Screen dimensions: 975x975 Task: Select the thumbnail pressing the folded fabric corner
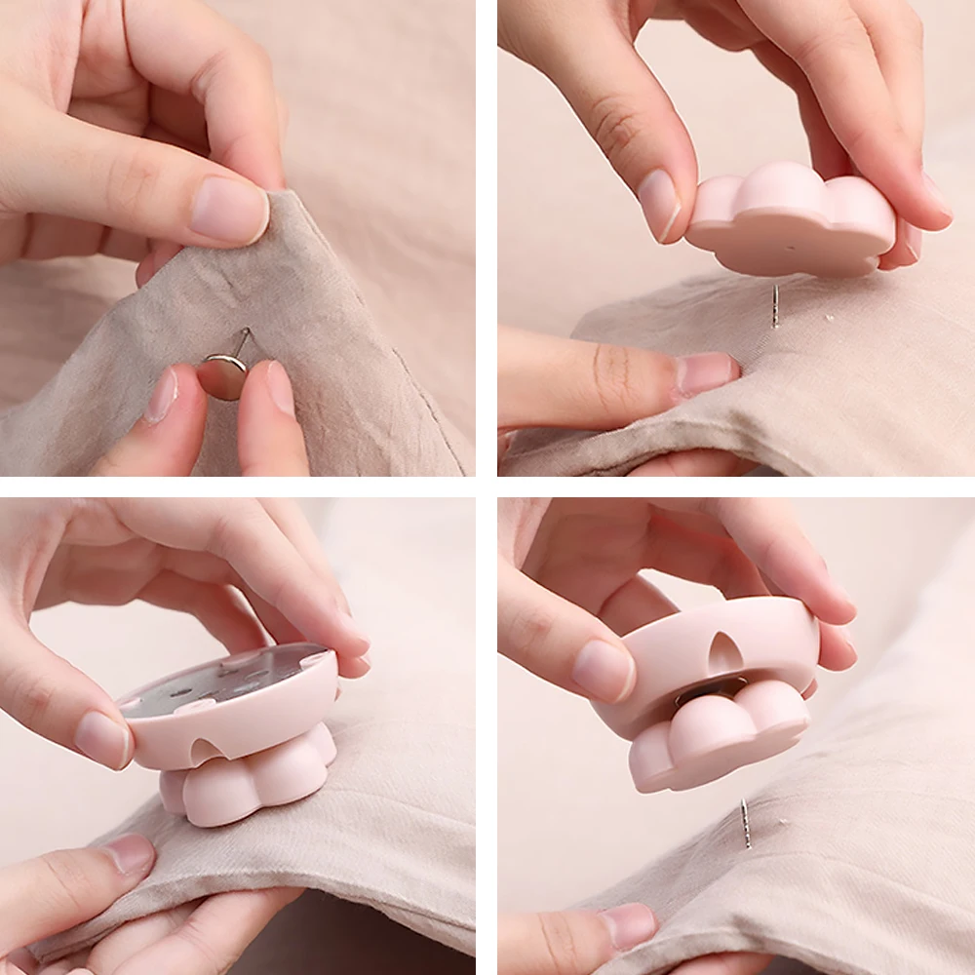pos(228,210)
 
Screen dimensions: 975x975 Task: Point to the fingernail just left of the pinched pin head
pos(162,394)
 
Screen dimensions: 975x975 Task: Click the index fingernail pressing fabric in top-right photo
pos(707,371)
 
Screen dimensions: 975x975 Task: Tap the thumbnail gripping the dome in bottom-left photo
pos(102,738)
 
